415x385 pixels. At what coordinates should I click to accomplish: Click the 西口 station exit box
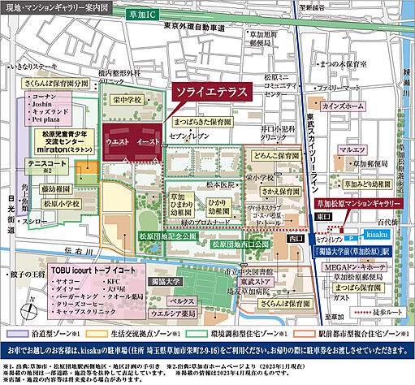[296, 238]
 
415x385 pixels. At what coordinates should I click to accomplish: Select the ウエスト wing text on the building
[116, 142]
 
